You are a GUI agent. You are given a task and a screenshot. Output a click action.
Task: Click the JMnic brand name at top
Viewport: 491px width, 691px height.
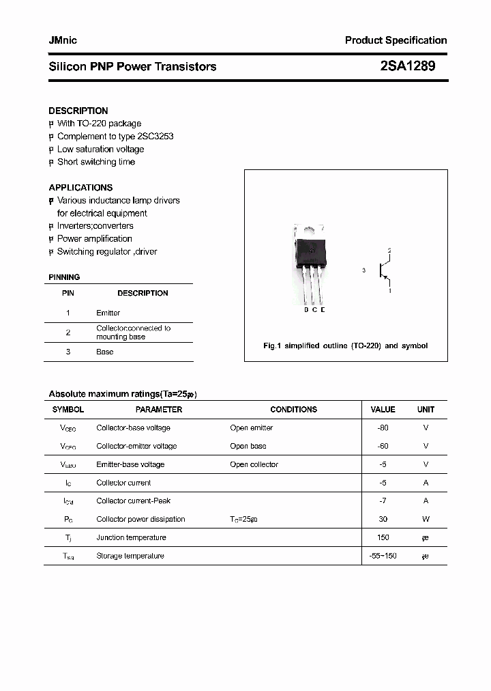pyautogui.click(x=63, y=40)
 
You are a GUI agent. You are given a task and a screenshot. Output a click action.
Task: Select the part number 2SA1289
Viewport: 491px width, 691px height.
pyautogui.click(x=407, y=66)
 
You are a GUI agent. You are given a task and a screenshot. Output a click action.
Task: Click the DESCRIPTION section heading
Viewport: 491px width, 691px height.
pyautogui.click(x=78, y=111)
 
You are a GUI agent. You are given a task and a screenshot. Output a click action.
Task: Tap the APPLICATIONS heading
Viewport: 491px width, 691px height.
pyautogui.click(x=80, y=187)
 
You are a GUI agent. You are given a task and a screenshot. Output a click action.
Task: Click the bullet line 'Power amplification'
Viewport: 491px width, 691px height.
pyautogui.click(x=94, y=238)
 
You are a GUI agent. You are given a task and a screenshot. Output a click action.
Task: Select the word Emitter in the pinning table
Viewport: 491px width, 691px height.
pyautogui.click(x=108, y=313)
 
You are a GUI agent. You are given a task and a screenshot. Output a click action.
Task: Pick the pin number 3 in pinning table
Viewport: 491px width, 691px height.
pyautogui.click(x=68, y=352)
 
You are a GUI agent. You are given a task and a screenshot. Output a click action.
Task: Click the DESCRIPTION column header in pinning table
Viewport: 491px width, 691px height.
pyautogui.click(x=143, y=293)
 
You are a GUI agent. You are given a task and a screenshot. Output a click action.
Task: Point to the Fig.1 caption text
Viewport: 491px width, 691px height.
pyautogui.click(x=345, y=345)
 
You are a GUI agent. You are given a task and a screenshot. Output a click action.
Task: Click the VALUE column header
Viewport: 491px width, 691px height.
pyautogui.click(x=383, y=410)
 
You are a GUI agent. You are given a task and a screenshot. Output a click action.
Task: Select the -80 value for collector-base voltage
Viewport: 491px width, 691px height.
pyautogui.click(x=383, y=428)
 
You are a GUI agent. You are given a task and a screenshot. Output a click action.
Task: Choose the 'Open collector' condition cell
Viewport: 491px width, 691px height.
pyautogui.click(x=254, y=464)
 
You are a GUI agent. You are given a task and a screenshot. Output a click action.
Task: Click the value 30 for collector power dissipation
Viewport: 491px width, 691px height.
pyautogui.click(x=383, y=519)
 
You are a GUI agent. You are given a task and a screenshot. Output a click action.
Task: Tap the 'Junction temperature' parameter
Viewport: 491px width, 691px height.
pyautogui.click(x=131, y=537)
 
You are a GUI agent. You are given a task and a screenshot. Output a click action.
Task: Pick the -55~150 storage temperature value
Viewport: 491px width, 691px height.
pyautogui.click(x=383, y=556)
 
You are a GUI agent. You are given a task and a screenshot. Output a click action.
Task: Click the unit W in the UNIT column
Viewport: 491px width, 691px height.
pyautogui.click(x=426, y=519)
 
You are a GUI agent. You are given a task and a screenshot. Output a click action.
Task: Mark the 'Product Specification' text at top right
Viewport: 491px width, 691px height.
pyautogui.click(x=396, y=40)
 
